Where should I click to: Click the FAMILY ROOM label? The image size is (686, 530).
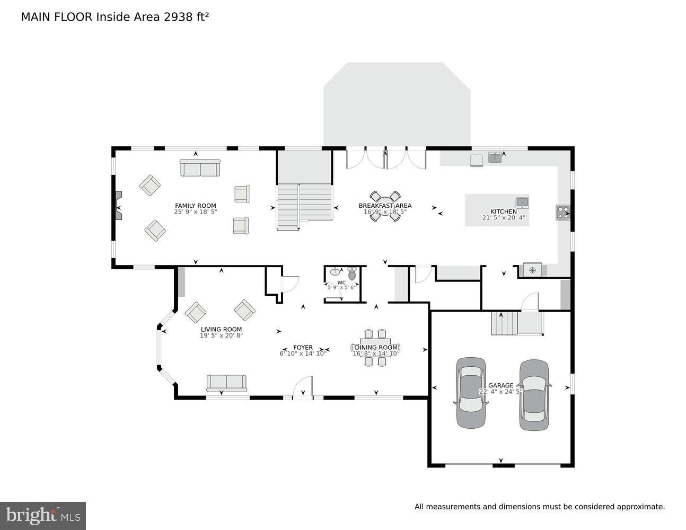196,206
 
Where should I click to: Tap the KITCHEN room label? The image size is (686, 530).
503,211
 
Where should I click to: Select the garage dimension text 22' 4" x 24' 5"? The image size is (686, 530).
500,392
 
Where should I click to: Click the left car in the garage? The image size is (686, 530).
471,392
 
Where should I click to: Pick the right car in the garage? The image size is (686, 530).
534,395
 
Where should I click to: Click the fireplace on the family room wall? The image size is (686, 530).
118,206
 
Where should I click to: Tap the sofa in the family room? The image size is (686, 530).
200,168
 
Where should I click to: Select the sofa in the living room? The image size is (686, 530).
226,383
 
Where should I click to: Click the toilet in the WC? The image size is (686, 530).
352,274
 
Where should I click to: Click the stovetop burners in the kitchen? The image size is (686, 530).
562,213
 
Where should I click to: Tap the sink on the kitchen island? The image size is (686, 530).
522,202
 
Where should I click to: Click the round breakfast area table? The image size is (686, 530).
385,206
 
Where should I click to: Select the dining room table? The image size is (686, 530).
375,348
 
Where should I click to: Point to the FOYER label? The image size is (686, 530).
303,348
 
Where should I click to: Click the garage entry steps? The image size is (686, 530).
504,323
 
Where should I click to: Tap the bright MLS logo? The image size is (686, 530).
43,515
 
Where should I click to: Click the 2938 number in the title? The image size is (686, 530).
179,17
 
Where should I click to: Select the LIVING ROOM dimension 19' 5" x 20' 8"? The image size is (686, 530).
221,335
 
